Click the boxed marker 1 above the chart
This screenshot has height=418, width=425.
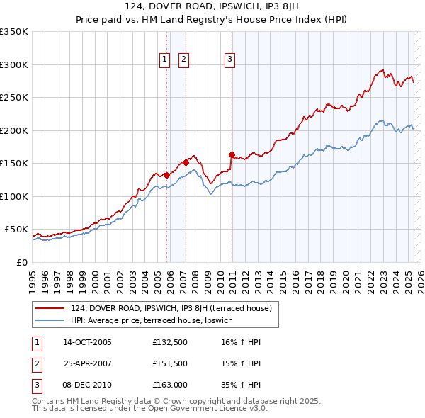click(x=164, y=60)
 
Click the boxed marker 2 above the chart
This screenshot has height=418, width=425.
click(x=183, y=60)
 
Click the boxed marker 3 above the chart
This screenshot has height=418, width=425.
click(x=230, y=60)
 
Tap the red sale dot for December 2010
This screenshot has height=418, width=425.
click(x=232, y=154)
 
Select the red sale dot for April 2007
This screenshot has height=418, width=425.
click(x=186, y=162)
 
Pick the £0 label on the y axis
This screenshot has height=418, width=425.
click(x=21, y=262)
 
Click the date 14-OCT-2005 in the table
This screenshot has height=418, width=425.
click(x=88, y=342)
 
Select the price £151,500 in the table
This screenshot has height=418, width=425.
click(x=169, y=363)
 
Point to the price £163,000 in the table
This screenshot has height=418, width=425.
click(x=169, y=385)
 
